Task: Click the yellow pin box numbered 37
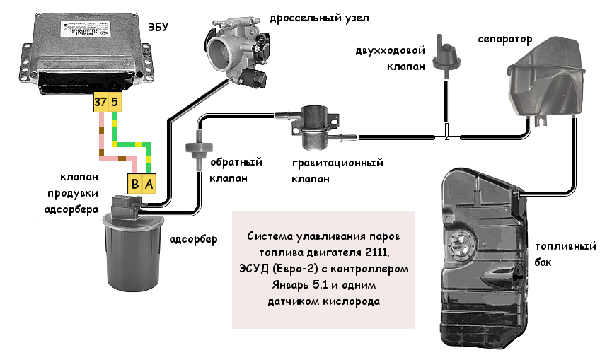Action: coord(100,103)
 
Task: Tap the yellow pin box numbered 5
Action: coord(115,103)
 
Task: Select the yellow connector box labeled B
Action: coord(134,184)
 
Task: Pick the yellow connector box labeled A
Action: coord(149,184)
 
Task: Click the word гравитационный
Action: coord(337,163)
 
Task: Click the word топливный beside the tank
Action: coord(565,246)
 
